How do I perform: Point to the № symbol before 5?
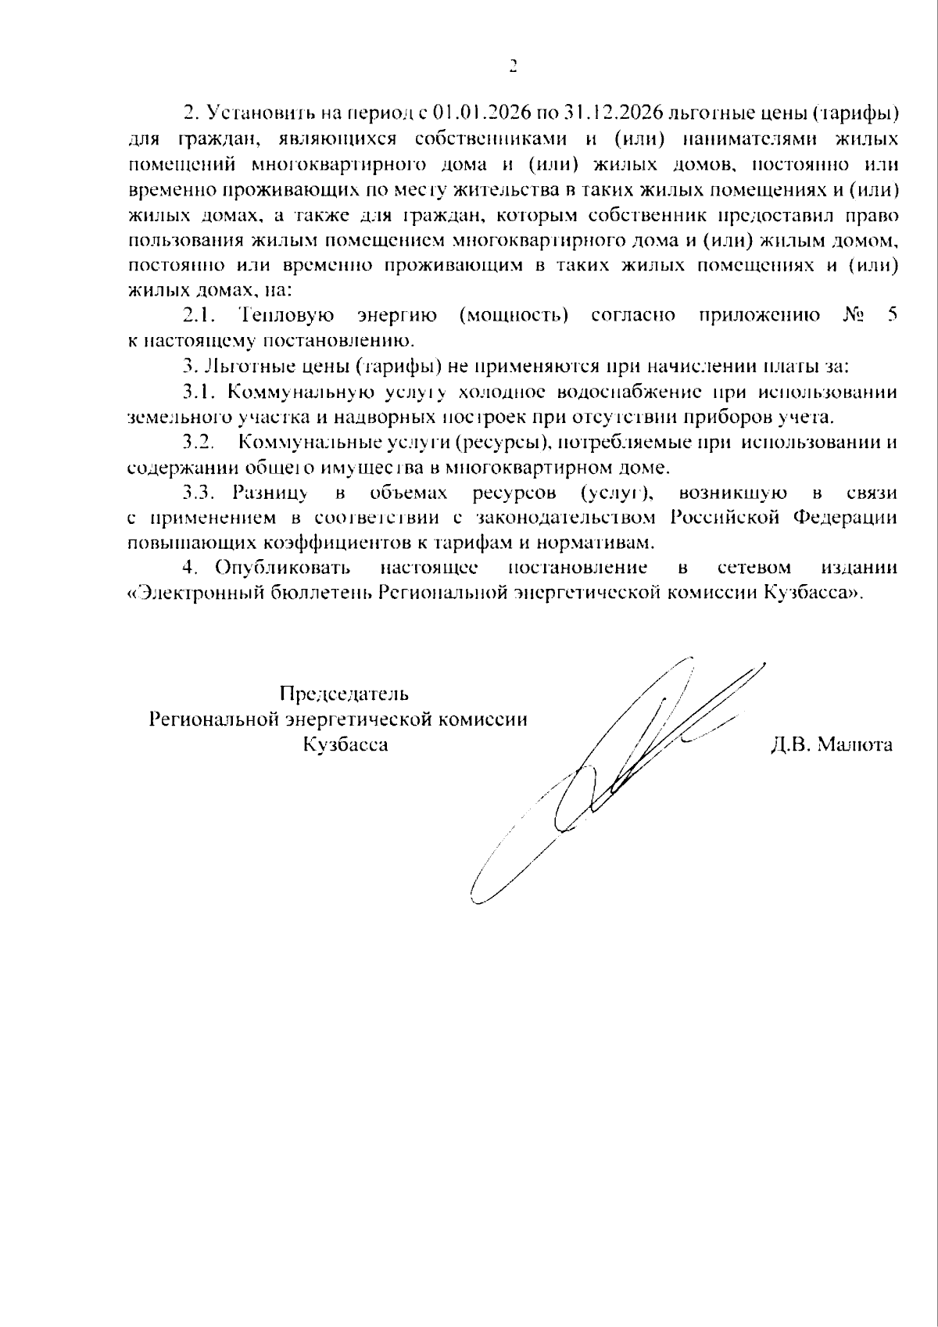point(854,315)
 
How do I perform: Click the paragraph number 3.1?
point(199,391)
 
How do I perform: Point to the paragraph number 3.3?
point(199,493)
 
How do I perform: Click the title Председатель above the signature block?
point(344,694)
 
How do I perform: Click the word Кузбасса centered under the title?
point(345,744)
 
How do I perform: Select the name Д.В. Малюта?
point(831,744)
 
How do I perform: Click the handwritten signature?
point(625,766)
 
